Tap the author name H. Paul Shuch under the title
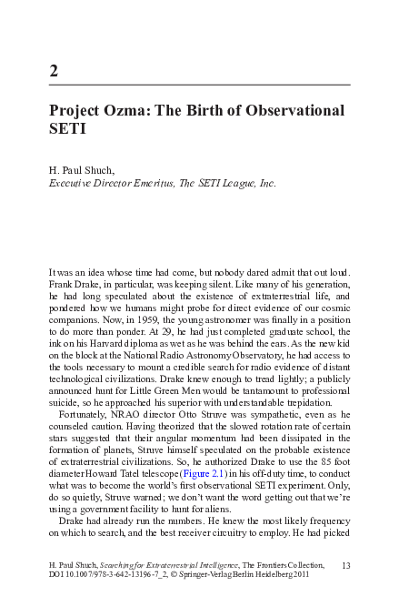[82, 170]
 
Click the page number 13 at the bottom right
[345, 565]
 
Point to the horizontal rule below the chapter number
[199, 84]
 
